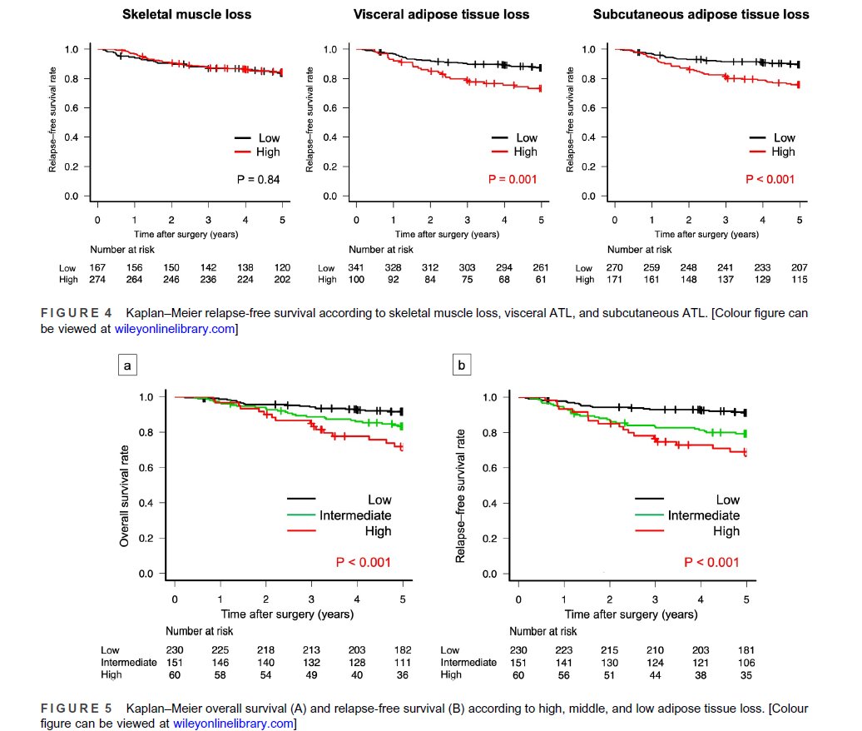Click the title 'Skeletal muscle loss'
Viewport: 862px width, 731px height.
point(186,15)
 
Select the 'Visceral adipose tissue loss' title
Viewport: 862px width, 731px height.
point(441,15)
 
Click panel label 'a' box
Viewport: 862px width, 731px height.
point(126,364)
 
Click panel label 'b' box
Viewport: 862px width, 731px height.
point(463,364)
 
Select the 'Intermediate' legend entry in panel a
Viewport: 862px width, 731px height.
point(355,515)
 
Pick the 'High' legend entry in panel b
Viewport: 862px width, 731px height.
point(726,531)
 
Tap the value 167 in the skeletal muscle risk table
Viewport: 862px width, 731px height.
point(98,268)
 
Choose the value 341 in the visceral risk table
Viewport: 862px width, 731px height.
point(356,268)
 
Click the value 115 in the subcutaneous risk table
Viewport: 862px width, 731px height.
point(799,280)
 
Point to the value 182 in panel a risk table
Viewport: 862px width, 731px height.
point(403,649)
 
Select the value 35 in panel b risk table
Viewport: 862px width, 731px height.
point(746,674)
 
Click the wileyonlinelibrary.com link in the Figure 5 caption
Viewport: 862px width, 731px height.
point(234,724)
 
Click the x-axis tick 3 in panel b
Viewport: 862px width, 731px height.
point(655,599)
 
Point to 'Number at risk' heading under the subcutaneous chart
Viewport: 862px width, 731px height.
point(640,249)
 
